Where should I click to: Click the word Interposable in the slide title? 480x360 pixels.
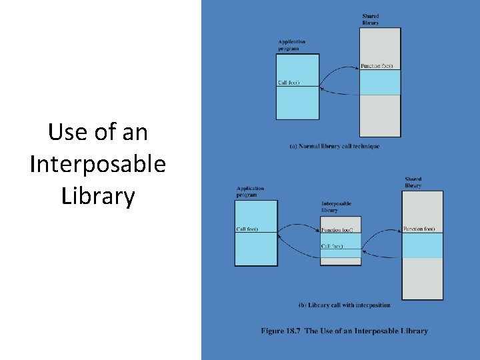pos(97,163)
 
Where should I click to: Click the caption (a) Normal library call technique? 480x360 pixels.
pos(334,147)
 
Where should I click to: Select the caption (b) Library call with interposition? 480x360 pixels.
pos(344,305)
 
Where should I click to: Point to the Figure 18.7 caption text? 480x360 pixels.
pos(344,331)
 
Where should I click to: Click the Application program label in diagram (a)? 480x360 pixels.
pos(291,45)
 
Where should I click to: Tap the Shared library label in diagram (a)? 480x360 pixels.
pos(371,19)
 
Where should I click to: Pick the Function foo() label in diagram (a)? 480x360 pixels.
pos(377,66)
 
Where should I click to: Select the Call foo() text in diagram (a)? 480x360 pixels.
pos(289,83)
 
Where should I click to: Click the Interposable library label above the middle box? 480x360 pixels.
pos(336,207)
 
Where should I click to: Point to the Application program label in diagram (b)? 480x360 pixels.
pos(250,192)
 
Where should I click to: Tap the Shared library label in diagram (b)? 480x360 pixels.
pos(413,182)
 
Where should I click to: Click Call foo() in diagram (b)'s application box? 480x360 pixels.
pos(247,229)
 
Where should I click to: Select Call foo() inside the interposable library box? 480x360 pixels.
pos(332,247)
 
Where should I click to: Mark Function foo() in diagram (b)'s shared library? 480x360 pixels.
pos(419,229)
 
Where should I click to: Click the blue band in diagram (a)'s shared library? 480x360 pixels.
pos(380,83)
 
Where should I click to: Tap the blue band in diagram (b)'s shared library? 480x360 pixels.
pos(423,245)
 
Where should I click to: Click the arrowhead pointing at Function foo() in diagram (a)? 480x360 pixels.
pos(358,67)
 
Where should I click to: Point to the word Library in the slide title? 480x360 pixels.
pos(97,196)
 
